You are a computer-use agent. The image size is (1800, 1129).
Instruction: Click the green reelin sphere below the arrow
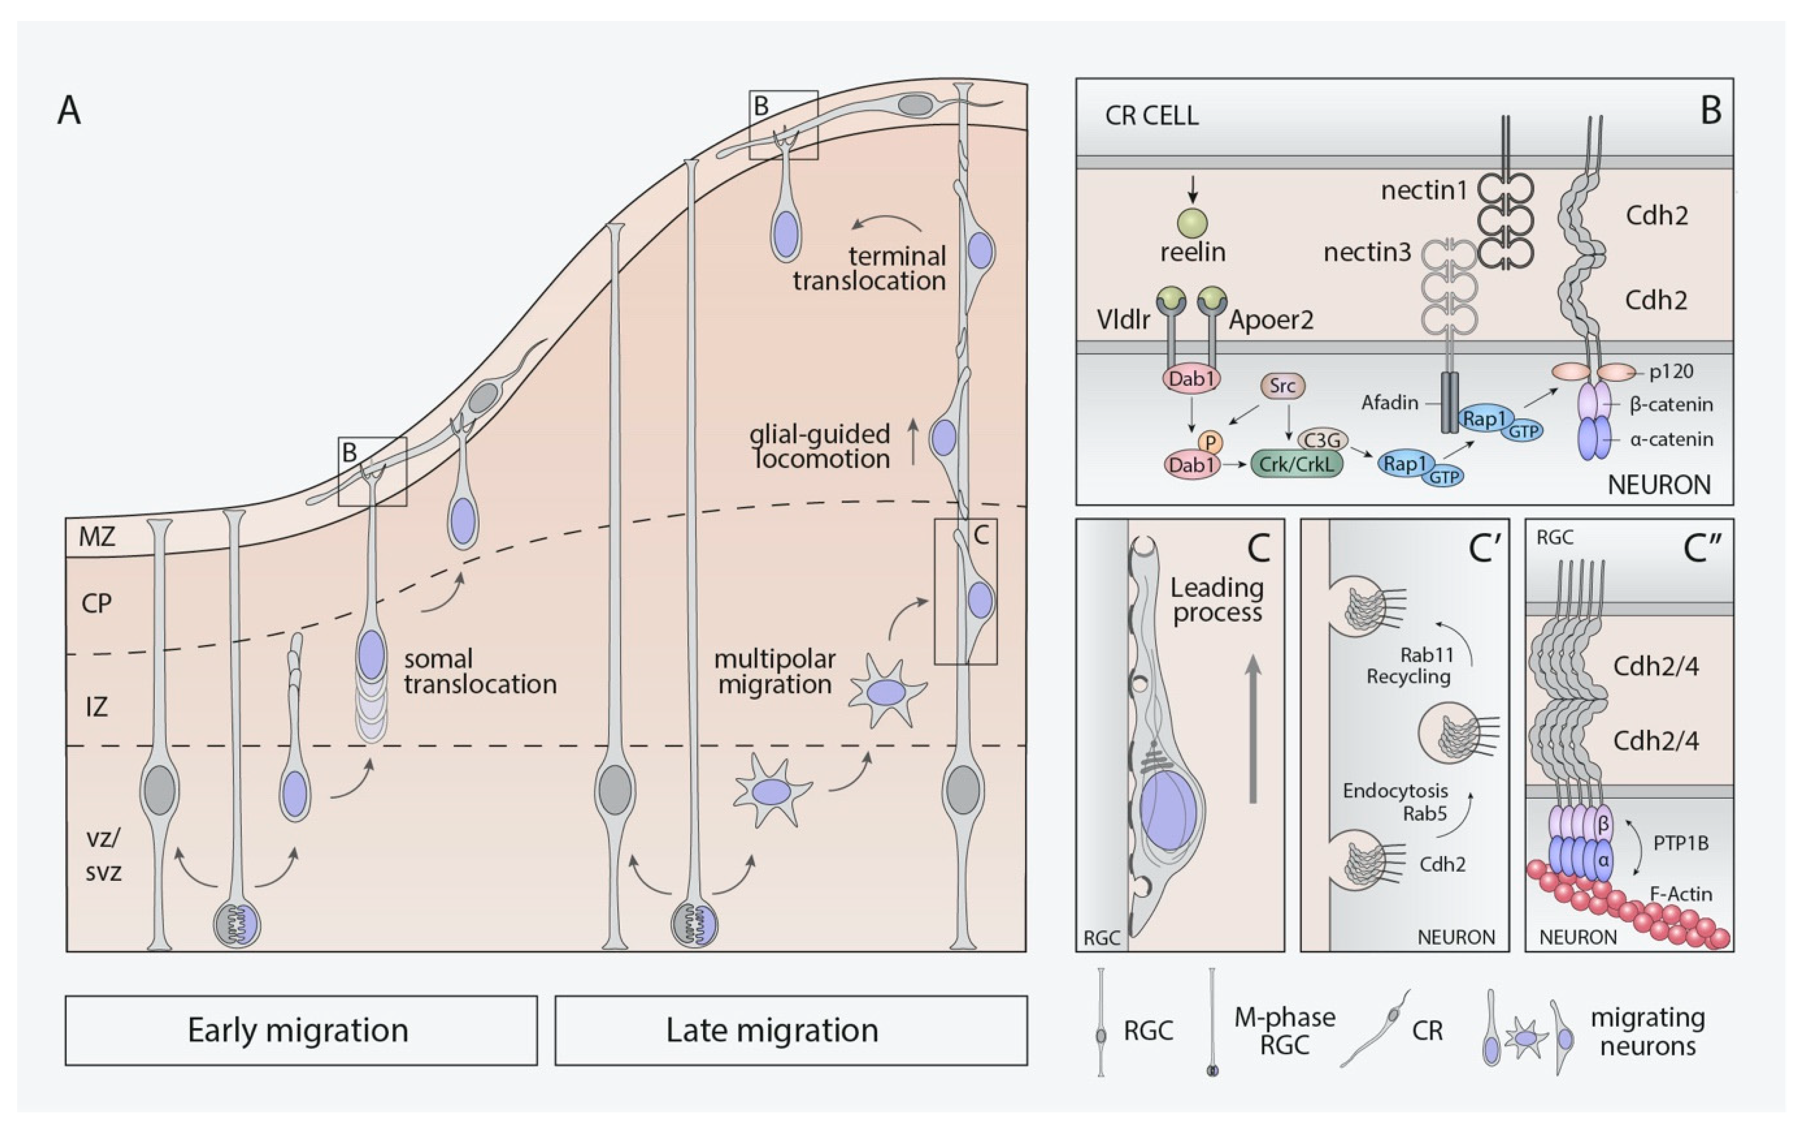[1192, 222]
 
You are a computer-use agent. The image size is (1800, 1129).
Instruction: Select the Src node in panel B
[1282, 386]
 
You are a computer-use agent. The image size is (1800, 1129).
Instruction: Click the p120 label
[1671, 371]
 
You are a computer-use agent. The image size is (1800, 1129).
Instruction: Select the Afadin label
[1389, 403]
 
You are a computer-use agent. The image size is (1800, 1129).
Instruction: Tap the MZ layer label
[97, 537]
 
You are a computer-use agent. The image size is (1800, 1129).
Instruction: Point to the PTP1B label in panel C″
[1680, 844]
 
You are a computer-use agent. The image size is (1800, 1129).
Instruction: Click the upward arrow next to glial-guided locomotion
[912, 442]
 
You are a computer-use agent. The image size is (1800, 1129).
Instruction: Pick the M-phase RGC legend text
[1284, 1030]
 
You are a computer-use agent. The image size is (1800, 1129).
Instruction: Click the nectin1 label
[1424, 191]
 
